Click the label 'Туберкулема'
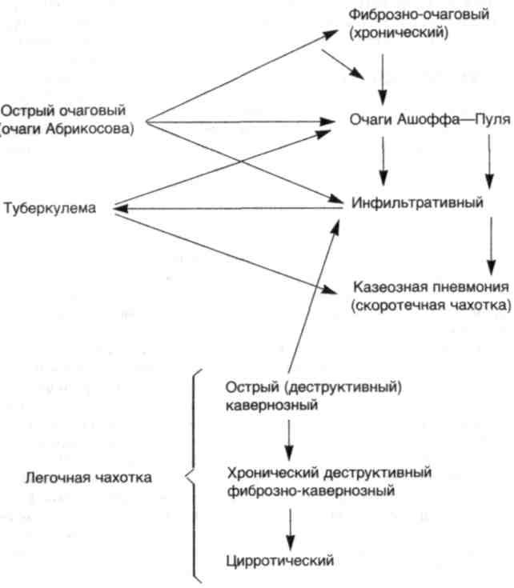(x=50, y=208)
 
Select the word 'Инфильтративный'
(x=417, y=203)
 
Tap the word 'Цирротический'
(x=280, y=561)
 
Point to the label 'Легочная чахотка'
(x=89, y=478)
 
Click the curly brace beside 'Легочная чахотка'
(x=193, y=476)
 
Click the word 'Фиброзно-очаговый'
(x=419, y=14)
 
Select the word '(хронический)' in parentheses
(x=399, y=33)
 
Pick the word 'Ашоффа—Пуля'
(x=453, y=120)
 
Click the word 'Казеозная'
(x=391, y=287)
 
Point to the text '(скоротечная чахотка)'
(x=431, y=306)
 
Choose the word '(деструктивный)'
(x=343, y=386)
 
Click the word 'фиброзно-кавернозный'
(x=311, y=490)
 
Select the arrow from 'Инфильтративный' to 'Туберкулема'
(x=228, y=208)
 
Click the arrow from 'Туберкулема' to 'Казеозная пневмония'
(x=226, y=254)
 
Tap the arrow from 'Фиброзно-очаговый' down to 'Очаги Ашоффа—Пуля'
(x=383, y=79)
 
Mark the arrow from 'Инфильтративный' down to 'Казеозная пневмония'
(x=492, y=246)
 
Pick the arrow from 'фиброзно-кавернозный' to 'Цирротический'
(x=290, y=530)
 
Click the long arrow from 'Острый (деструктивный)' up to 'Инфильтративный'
(x=314, y=296)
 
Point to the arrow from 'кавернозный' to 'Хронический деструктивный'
(x=289, y=440)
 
